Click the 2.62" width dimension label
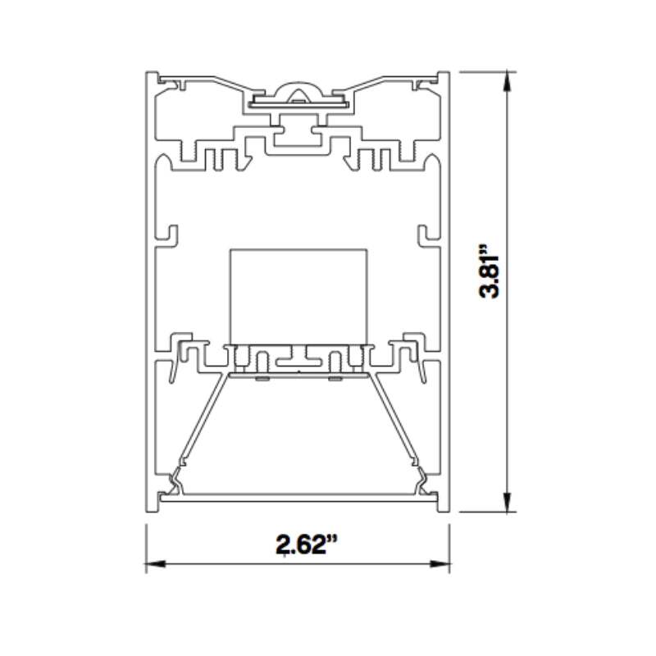click(x=306, y=544)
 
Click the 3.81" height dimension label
click(x=489, y=271)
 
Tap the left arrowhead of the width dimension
click(x=155, y=564)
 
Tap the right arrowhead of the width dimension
click(x=440, y=564)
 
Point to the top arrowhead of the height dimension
click(x=507, y=81)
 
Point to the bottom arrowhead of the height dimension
click(x=507, y=502)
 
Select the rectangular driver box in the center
click(x=298, y=297)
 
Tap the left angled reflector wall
click(x=204, y=419)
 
